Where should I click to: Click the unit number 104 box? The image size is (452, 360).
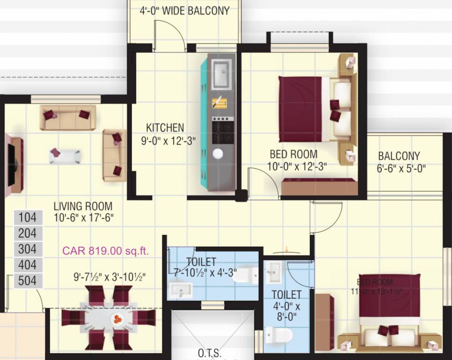click(28, 217)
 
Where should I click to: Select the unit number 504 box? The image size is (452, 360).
click(28, 281)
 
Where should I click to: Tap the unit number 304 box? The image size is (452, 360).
click(28, 249)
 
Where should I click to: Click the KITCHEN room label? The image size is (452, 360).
click(165, 127)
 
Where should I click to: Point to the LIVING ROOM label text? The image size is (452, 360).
click(83, 206)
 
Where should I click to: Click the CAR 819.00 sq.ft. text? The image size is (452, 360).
click(105, 251)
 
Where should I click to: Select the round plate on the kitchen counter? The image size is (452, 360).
click(218, 154)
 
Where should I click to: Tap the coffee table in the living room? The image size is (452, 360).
click(65, 156)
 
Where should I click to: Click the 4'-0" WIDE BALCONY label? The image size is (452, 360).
click(185, 11)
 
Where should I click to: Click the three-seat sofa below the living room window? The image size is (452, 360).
click(68, 117)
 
